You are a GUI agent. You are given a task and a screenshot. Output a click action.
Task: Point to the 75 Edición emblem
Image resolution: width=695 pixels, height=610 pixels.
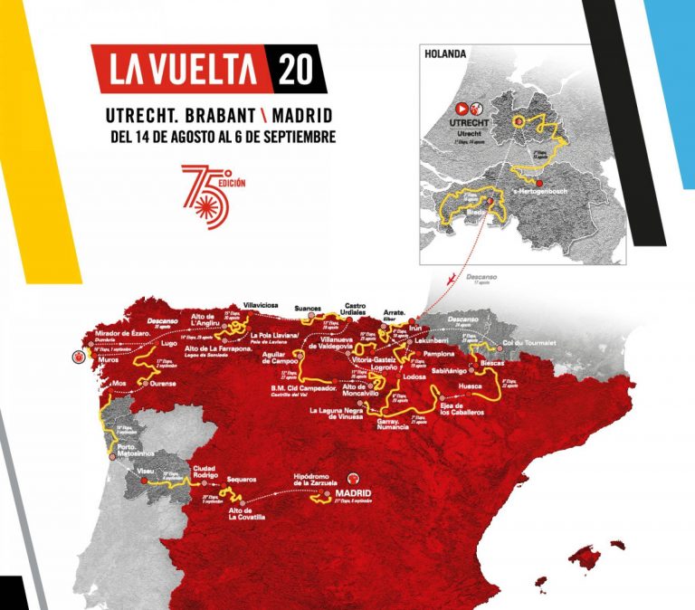click(207, 195)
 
